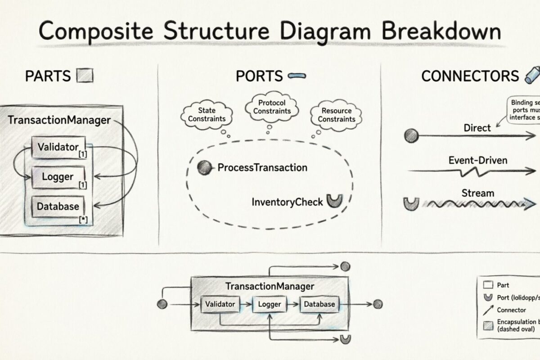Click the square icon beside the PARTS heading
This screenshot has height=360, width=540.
pos(85,76)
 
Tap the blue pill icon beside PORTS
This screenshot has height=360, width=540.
pos(296,76)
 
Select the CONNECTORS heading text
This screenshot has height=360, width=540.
pos(470,76)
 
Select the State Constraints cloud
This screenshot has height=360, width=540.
pos(207,114)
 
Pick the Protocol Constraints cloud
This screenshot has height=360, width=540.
pos(272,107)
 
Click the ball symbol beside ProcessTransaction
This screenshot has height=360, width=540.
pos(205,168)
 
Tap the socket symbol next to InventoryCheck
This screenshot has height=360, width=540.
pos(334,201)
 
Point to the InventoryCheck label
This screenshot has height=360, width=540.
pos(287,202)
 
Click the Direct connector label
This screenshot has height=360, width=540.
pos(477,128)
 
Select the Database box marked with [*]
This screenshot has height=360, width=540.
pos(58,207)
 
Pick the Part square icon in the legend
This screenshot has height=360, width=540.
pos(487,285)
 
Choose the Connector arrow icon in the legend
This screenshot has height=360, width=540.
pos(487,310)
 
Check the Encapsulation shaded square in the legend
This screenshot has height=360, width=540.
pos(487,325)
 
